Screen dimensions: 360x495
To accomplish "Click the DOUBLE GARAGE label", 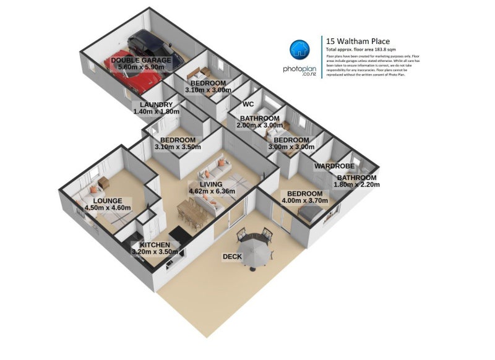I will tap(140, 60).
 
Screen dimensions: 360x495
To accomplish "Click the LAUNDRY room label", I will tap(156, 105).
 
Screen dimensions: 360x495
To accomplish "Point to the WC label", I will tap(249, 104).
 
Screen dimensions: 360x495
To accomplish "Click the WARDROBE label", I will tap(334, 166).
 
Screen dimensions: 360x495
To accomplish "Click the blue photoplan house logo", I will tap(300, 49).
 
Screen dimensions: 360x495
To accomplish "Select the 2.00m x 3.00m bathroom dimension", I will tap(260, 125).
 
